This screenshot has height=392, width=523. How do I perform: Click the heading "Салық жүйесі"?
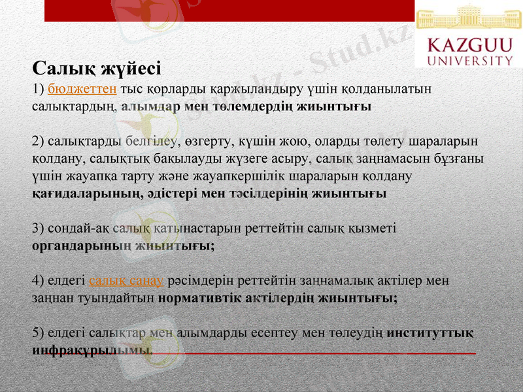(x=97, y=68)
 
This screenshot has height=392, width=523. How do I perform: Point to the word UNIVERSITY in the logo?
(x=469, y=61)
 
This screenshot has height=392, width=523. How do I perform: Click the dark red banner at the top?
(x=229, y=10)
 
